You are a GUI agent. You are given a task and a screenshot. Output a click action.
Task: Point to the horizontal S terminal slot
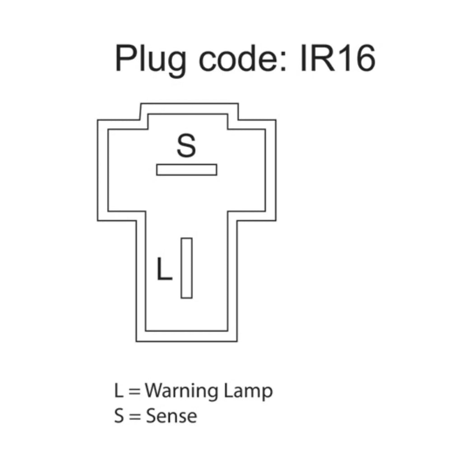(x=186, y=170)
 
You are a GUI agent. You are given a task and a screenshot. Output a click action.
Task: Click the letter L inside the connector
(x=164, y=269)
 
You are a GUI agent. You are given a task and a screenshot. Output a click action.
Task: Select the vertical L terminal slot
(x=186, y=268)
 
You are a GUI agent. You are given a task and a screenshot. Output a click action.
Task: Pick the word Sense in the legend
(x=171, y=416)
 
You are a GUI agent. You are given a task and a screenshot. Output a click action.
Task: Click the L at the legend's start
(x=119, y=391)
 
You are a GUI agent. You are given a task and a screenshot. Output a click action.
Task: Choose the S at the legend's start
(x=119, y=416)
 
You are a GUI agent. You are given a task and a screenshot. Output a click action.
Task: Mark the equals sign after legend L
(x=134, y=391)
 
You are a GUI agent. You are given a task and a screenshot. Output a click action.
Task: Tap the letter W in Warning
(x=155, y=390)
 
